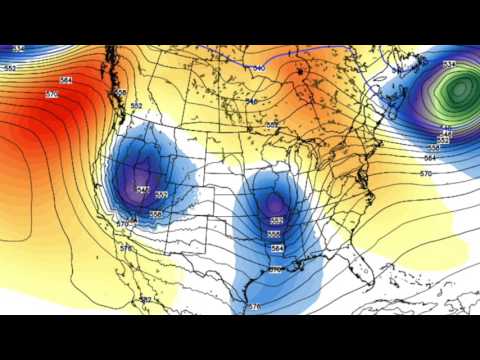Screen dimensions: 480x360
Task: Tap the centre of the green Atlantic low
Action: pos(458,92)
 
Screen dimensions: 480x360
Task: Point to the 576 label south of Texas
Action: pos(253,306)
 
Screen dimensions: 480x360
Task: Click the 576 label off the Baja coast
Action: pos(125,248)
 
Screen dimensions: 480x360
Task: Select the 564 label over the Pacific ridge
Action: pos(66,80)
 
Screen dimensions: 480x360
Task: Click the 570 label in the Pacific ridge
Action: pos(52,94)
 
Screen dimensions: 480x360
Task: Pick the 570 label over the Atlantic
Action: pos(425,174)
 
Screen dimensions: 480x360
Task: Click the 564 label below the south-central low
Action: pos(277,248)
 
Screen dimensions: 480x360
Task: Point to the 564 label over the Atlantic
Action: pos(431,158)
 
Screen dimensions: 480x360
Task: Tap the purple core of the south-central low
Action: pos(274,205)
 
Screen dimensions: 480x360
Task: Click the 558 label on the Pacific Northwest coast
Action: pos(121,93)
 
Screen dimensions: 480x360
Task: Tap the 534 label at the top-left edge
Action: pos(18,49)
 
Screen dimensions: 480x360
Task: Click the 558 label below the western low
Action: pos(156,214)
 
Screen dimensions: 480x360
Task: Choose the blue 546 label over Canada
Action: pos(252,101)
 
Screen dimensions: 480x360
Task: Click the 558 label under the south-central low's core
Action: pos(275,234)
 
